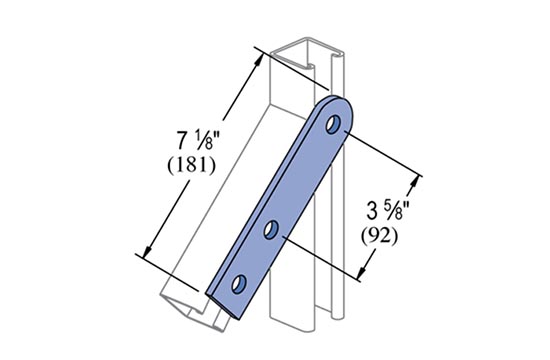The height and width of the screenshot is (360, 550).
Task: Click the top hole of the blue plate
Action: [x=333, y=124]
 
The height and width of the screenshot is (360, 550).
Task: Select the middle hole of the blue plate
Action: [x=271, y=230]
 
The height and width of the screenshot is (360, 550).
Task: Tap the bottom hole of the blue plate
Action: [x=239, y=284]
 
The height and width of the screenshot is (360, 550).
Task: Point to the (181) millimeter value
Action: [x=192, y=165]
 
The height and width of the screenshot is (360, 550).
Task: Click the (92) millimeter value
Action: [x=380, y=236]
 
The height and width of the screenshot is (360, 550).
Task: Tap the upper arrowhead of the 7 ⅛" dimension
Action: [x=259, y=60]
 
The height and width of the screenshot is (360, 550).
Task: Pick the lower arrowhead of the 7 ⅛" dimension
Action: [x=147, y=251]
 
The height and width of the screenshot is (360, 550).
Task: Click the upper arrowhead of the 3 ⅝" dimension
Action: [x=415, y=182]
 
